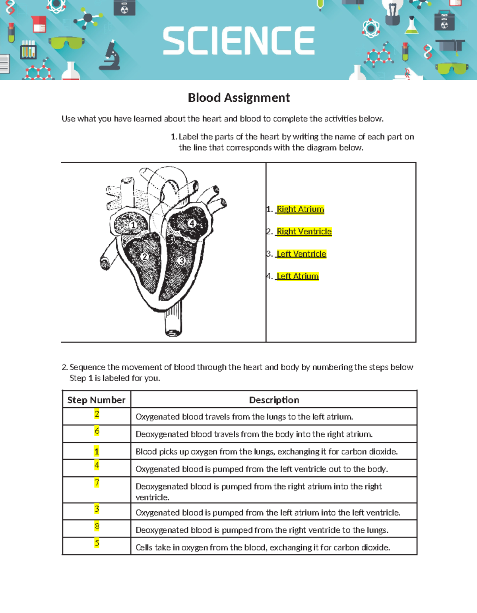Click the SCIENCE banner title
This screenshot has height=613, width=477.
tap(238, 41)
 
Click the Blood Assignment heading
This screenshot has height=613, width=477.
tap(238, 98)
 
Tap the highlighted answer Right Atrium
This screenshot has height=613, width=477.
tap(300, 209)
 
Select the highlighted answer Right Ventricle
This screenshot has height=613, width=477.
tap(304, 232)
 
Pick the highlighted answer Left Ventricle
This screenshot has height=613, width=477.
tap(301, 254)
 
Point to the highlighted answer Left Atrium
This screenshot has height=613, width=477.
tap(297, 276)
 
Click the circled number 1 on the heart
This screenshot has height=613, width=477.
tap(134, 225)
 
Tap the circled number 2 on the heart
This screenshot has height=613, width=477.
tap(144, 257)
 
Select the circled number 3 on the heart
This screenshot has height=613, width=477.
tap(182, 261)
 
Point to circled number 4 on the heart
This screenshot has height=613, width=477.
tap(192, 223)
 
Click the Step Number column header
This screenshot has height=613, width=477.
tap(96, 400)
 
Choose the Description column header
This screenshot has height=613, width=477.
tap(274, 400)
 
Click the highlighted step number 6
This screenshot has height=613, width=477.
tap(97, 431)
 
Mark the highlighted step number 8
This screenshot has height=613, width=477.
tap(97, 526)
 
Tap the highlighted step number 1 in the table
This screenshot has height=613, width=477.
tap(97, 451)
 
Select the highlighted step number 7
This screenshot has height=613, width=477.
tap(97, 483)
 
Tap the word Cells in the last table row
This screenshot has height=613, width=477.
tap(144, 547)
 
